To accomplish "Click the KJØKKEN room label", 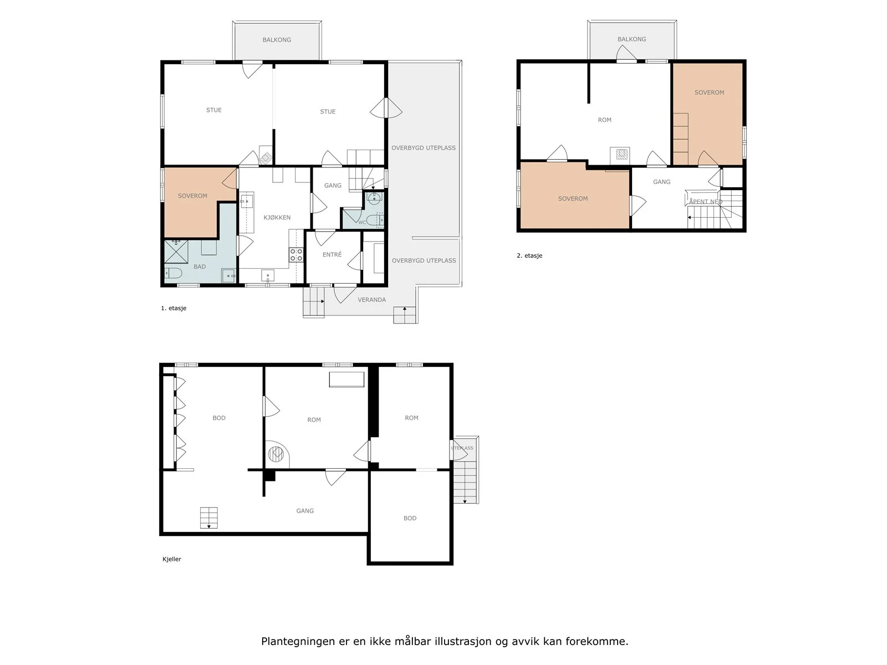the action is [277, 217].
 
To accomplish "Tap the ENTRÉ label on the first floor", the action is [332, 254].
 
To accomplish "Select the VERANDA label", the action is [371, 300].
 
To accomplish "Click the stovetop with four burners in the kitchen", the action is [296, 254].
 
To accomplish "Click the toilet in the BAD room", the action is [174, 273].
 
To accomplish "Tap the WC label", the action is [362, 222].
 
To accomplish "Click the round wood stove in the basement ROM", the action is [276, 454].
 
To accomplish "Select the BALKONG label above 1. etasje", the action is [277, 39].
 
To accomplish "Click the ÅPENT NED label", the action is [705, 202].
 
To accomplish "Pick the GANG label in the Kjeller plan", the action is [305, 511].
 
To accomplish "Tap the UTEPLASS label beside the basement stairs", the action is [462, 448].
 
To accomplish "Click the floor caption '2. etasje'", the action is [529, 255].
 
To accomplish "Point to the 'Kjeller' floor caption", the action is [172, 559].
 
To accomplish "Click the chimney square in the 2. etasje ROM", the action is [621, 154].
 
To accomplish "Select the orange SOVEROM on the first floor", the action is [192, 196].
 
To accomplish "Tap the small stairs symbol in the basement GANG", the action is [208, 518].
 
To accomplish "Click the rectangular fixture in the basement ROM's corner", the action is [346, 380].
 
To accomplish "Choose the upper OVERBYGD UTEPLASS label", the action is [423, 148].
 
